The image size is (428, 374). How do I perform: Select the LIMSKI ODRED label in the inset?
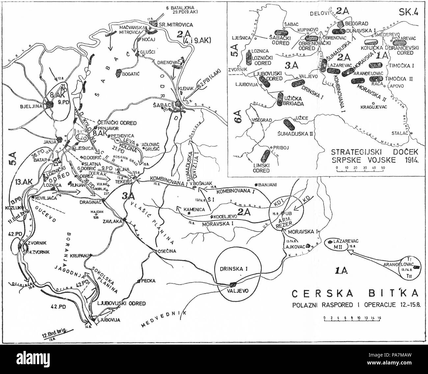click(260, 167)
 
